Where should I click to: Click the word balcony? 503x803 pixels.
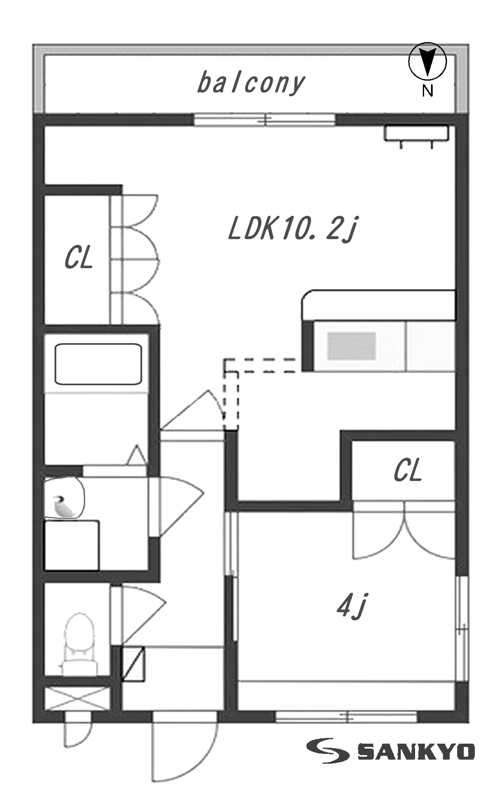tap(251, 83)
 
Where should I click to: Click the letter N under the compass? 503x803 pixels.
tap(428, 91)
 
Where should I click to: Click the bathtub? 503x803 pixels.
tap(98, 364)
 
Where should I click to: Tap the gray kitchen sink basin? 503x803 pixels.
tap(352, 346)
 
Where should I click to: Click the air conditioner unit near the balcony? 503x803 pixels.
tap(416, 134)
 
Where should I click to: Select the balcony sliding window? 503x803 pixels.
tap(265, 120)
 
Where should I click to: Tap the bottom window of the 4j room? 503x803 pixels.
tap(346, 716)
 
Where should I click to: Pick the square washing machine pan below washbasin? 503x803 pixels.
tap(72, 545)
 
